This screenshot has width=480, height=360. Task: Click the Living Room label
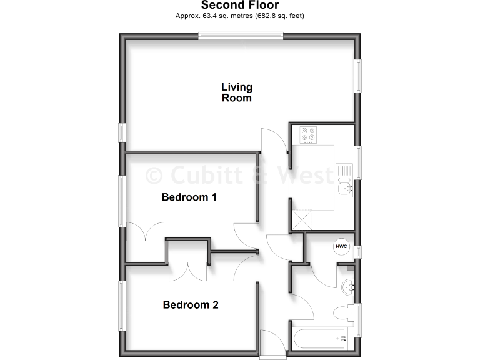pos(237,92)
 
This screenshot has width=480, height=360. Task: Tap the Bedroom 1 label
pos(189,197)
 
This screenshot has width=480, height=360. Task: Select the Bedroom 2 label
pos(190,305)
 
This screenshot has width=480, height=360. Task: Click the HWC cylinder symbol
pos(341,246)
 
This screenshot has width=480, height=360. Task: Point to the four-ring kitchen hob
pos(307,135)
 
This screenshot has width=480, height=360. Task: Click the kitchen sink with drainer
pos(344,180)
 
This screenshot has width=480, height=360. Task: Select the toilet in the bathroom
pos(343,312)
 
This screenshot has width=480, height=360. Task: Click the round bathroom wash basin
pos(349,287)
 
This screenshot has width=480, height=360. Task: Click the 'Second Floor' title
pos(240,6)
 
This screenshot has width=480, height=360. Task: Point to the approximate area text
pos(240,16)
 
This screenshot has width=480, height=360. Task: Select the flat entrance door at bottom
pos(272,345)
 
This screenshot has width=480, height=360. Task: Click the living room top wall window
pos(241,36)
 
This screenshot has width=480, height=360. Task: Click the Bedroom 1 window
pos(123,197)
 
